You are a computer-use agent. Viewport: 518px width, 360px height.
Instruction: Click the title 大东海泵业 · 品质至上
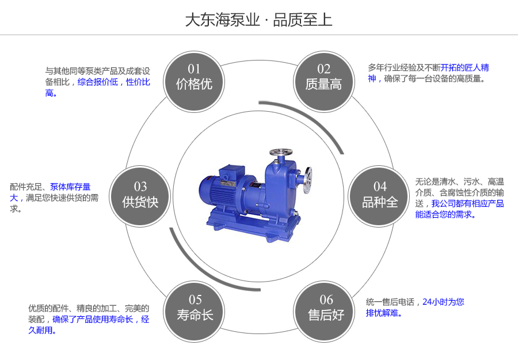click(x=258, y=20)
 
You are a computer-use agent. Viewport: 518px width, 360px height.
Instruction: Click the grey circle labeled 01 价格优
click(x=195, y=77)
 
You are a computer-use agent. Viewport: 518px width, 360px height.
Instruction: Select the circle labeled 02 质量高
click(x=323, y=77)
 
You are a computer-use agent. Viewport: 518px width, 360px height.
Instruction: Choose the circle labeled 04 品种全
click(x=380, y=195)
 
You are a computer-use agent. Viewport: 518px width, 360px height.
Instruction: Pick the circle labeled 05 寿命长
click(x=195, y=308)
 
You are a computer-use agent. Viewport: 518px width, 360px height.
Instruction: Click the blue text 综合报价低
click(x=97, y=82)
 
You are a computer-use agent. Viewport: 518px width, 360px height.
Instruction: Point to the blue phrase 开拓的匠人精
click(x=464, y=67)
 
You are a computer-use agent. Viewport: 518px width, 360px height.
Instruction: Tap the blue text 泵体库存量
click(x=70, y=187)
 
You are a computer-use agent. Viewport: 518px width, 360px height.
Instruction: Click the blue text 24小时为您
click(x=443, y=301)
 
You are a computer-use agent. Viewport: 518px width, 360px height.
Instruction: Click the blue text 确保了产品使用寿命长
click(x=93, y=319)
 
